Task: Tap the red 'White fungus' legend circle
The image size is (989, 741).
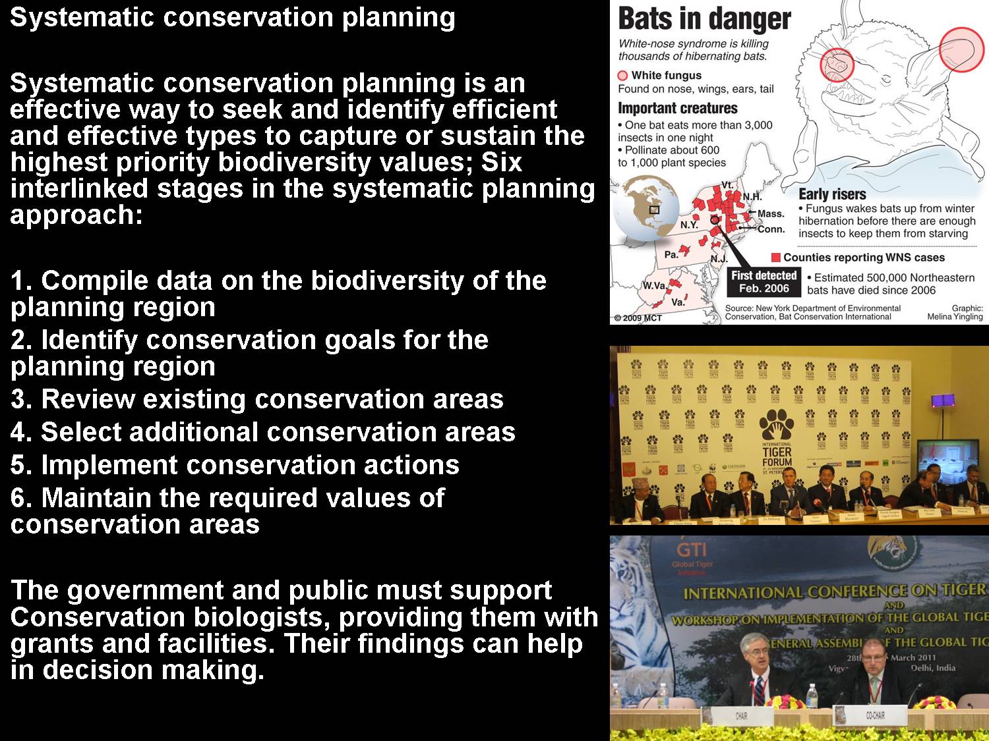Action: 622,75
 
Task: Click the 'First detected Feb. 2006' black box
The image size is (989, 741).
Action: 764,282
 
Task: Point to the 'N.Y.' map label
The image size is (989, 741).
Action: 689,225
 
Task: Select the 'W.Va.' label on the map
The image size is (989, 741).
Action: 654,286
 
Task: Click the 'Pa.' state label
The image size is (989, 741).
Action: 671,254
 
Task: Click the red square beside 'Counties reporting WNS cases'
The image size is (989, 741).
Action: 776,257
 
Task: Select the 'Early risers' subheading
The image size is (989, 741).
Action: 832,194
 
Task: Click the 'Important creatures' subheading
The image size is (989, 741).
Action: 677,108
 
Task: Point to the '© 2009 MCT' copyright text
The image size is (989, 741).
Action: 638,318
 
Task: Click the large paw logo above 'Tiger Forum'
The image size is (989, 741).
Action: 777,425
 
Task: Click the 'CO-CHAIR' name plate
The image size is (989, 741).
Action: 875,715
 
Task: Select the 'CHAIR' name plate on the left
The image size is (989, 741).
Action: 740,715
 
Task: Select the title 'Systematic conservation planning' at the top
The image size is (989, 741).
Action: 232,17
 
